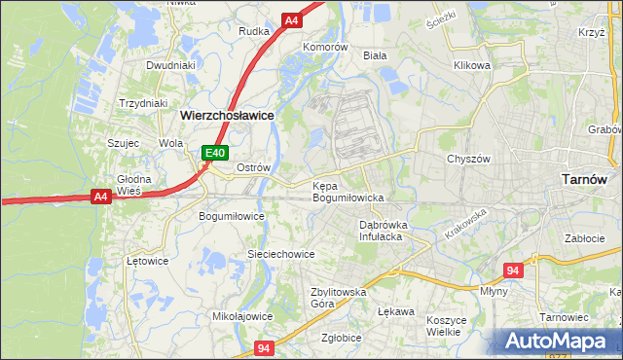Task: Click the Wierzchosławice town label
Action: tap(226, 114)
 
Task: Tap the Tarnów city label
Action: tap(586, 179)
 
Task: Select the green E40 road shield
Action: tap(215, 153)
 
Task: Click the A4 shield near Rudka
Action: tap(291, 19)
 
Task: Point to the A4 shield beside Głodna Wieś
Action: tap(100, 197)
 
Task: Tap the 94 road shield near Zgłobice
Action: tap(264, 346)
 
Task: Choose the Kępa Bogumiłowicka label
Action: tap(348, 191)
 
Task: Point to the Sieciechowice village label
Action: tap(280, 254)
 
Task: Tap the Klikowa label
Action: tap(471, 66)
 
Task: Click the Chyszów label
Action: tap(466, 159)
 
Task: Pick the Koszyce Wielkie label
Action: tap(449, 325)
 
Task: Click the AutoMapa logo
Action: tap(559, 341)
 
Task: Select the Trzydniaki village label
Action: tap(143, 103)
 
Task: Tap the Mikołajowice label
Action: tap(242, 316)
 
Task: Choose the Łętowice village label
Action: tap(148, 261)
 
